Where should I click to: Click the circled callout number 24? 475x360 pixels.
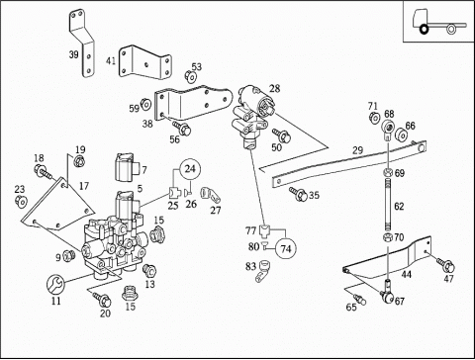coord(190,169)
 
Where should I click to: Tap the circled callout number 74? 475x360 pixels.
coord(286,248)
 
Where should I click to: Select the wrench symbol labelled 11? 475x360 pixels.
coord(55,285)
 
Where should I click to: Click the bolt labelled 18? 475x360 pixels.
coord(43,171)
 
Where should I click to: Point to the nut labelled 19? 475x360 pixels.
coord(79,161)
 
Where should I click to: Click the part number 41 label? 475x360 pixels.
coord(111,61)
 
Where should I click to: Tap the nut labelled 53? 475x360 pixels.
coord(190,77)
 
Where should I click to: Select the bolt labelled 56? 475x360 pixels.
coord(182,129)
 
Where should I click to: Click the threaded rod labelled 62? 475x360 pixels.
coord(388,205)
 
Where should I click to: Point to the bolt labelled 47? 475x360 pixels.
coord(445,265)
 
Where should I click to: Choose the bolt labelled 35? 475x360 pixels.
coord(299,194)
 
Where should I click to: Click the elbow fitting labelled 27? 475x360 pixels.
coord(211,194)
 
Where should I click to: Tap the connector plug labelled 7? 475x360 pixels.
coord(124,167)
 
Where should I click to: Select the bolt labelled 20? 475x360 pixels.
coord(102,299)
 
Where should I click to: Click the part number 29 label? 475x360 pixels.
coord(357,150)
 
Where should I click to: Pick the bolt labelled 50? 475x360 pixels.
coord(281,135)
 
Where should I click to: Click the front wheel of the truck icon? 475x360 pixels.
coord(424,30)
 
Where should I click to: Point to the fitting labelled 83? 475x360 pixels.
coord(263,271)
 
